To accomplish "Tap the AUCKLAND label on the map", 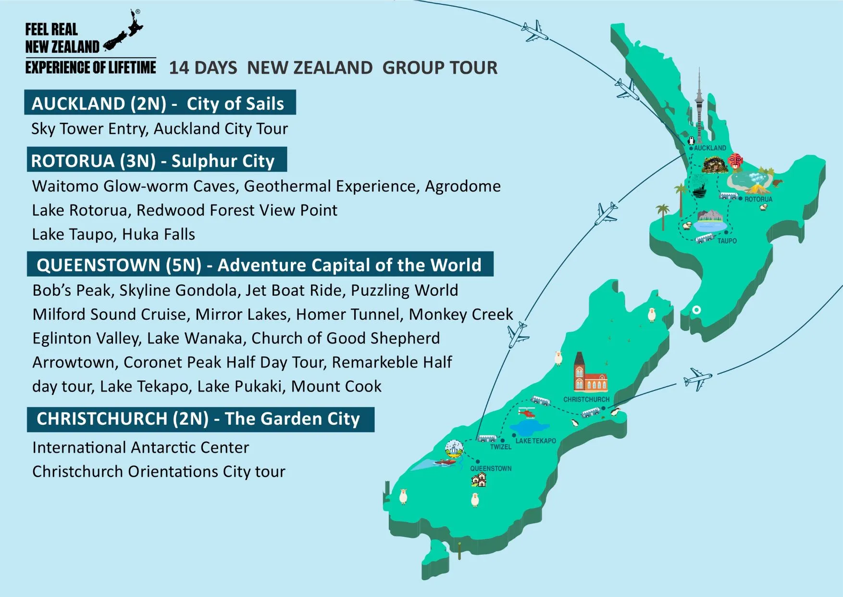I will [710, 148].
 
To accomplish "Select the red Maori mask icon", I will [735, 161].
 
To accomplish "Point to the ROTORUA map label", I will [758, 199].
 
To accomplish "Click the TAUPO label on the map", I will [727, 241].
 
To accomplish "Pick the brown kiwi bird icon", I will [777, 182].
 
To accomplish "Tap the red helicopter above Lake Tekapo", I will [527, 412].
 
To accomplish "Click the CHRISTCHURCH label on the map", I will [586, 399].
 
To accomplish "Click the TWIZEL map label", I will [500, 447].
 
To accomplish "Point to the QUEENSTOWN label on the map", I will [490, 469].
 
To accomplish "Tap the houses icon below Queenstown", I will [479, 480].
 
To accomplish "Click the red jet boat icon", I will [445, 463].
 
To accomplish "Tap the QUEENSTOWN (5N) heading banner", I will [260, 265].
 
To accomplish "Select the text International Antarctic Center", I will [140, 447].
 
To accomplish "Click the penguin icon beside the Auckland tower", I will [691, 140].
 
